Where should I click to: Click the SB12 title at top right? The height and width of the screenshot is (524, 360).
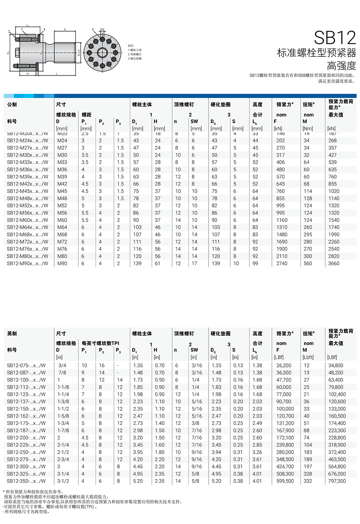tap(335, 38)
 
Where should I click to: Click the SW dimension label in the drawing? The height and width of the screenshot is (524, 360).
tap(102, 30)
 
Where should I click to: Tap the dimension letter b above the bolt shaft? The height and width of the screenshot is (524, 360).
tap(64, 29)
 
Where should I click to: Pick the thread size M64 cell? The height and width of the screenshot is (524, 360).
tap(62, 227)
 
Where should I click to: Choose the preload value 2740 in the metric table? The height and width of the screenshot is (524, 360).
tap(281, 263)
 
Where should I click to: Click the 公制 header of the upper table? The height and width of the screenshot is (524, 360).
tap(12, 105)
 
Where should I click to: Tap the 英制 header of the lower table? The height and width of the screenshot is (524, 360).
tap(12, 334)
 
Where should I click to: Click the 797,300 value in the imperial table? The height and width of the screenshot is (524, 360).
tap(337, 481)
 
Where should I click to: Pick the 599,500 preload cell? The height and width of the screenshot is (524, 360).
tap(285, 481)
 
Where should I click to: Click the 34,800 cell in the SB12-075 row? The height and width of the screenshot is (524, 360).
tap(336, 365)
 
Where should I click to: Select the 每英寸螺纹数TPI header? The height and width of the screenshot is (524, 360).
tap(100, 343)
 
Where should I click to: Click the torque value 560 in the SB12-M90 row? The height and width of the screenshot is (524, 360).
tap(308, 263)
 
